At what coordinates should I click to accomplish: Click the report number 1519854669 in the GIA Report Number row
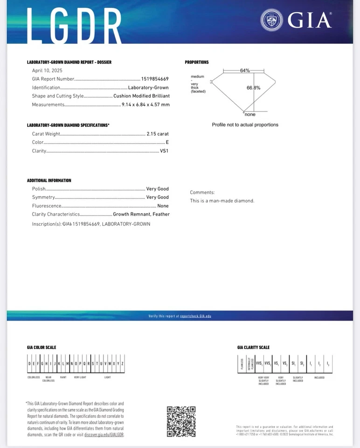point(155,79)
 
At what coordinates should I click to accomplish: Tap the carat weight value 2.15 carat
point(158,134)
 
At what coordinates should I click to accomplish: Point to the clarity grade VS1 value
point(164,151)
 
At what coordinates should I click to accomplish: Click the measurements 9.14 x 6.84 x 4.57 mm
point(145,105)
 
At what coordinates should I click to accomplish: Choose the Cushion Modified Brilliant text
point(141,96)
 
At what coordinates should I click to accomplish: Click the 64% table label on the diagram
point(245,70)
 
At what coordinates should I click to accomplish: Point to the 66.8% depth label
point(254,88)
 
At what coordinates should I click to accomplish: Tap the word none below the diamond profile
point(250,114)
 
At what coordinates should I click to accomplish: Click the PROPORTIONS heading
point(197,62)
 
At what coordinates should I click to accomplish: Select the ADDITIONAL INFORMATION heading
point(49,180)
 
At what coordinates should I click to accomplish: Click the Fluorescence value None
point(163,206)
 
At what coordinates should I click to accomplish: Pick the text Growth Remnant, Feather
point(141,214)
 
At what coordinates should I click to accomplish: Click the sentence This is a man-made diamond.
point(222,201)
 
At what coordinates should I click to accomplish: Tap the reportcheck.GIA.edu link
point(195,316)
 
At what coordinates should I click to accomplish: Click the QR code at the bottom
point(181,421)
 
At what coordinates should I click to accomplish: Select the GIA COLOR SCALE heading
point(42,347)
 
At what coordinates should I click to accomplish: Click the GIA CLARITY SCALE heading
point(253,347)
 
